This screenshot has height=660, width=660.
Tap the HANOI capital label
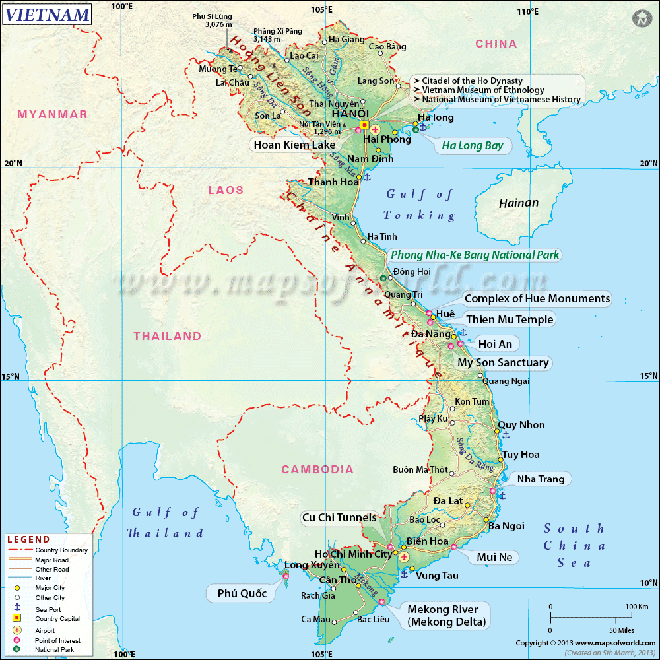pos(354,114)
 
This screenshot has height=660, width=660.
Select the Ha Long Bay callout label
pos(472,146)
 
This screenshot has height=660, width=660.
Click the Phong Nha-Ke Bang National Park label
pos(475,255)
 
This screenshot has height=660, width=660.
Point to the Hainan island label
pos(519,203)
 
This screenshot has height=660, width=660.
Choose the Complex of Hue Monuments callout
pos(537,299)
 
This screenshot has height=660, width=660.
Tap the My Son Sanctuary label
pos(503,362)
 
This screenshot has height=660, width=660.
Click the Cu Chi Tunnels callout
pos(339,517)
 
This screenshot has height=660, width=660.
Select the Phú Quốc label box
pos(242,593)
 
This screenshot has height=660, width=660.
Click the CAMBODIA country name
pos(317,470)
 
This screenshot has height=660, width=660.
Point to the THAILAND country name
pos(168,336)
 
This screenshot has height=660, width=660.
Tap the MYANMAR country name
pos(52,115)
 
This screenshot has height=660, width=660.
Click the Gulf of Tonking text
pos(419,205)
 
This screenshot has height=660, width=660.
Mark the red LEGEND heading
pos(28,539)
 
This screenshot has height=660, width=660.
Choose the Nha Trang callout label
pos(541,478)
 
